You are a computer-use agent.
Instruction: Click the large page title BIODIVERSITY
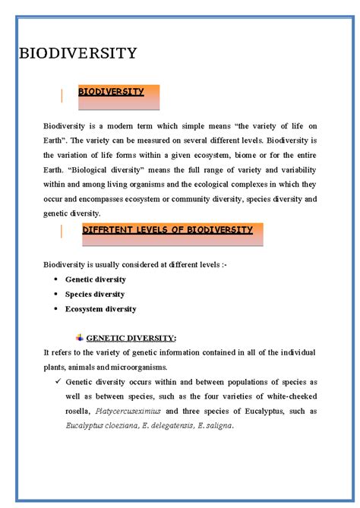(77, 53)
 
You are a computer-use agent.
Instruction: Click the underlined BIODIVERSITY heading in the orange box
(111, 92)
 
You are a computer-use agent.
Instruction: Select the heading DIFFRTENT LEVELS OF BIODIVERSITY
(167, 229)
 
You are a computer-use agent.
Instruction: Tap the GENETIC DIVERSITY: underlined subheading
(131, 338)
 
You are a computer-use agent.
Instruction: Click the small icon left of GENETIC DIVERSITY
(80, 337)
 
